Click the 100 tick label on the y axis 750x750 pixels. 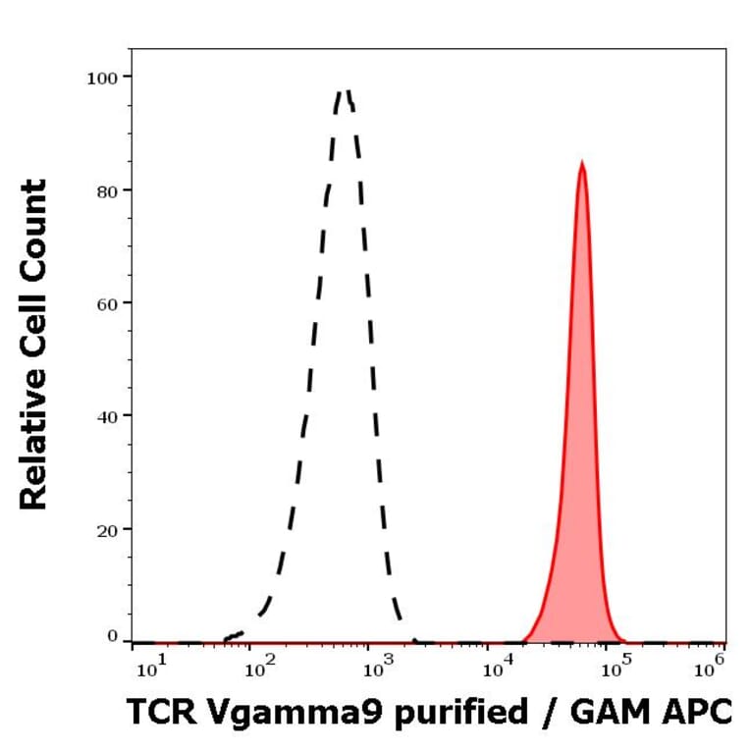[102, 77]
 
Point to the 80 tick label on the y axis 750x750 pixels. [106, 189]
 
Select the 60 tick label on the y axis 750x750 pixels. [106, 302]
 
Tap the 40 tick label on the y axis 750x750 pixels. [106, 415]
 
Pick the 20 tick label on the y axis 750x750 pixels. [106, 529]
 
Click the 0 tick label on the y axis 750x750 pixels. [112, 636]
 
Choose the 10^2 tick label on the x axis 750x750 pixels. [260, 670]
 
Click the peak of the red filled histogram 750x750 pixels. [582, 163]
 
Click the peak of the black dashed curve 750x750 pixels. [345, 91]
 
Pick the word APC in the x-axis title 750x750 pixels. [699, 714]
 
